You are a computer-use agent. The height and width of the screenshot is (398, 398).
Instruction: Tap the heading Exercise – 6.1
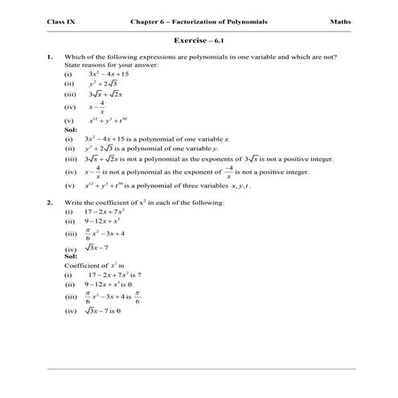[199, 39]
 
